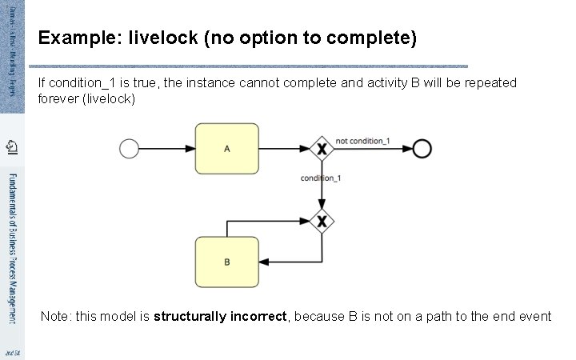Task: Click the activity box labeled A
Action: coord(227,149)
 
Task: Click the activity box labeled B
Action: coord(227,262)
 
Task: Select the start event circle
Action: coord(129,149)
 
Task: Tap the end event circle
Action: coord(422,149)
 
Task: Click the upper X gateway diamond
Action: coord(322,149)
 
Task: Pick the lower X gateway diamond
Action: coord(322,220)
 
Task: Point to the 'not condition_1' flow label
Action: coord(362,141)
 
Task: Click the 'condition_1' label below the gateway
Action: coord(321,178)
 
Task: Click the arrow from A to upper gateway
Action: coord(285,149)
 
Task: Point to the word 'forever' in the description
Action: coord(58,99)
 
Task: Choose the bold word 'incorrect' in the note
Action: coord(260,317)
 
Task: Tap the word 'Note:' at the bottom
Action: coord(56,317)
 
